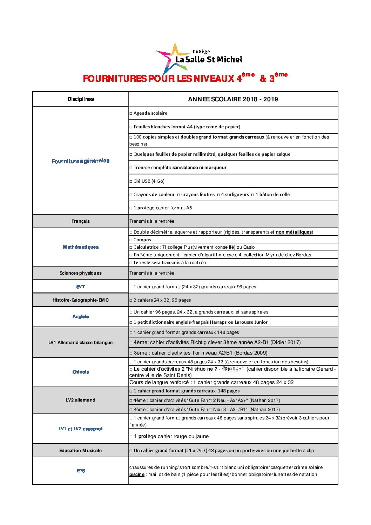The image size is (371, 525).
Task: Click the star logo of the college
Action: (171, 58)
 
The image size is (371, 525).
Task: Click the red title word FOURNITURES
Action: (114, 79)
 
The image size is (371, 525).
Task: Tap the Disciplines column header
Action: (81, 99)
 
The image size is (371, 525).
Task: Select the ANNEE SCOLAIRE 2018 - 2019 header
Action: (233, 99)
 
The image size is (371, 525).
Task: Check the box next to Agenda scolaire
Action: (131, 113)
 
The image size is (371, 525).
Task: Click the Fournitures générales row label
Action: (81, 161)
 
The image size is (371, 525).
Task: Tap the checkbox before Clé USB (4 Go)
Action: (131, 181)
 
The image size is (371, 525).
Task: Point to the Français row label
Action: (81, 221)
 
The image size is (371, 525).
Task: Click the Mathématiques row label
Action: (81, 247)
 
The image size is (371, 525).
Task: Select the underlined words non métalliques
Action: (294, 232)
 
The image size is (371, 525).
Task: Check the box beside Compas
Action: (131, 240)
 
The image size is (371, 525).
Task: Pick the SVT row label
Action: (81, 287)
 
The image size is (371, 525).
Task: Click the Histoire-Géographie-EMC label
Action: (81, 300)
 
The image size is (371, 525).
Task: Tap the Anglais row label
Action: (81, 317)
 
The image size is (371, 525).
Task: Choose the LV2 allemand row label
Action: (80, 400)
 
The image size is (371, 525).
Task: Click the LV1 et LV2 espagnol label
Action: (81, 429)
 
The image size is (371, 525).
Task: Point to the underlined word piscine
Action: (137, 474)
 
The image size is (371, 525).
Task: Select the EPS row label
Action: (81, 471)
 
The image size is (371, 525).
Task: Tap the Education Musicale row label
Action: (80, 451)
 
